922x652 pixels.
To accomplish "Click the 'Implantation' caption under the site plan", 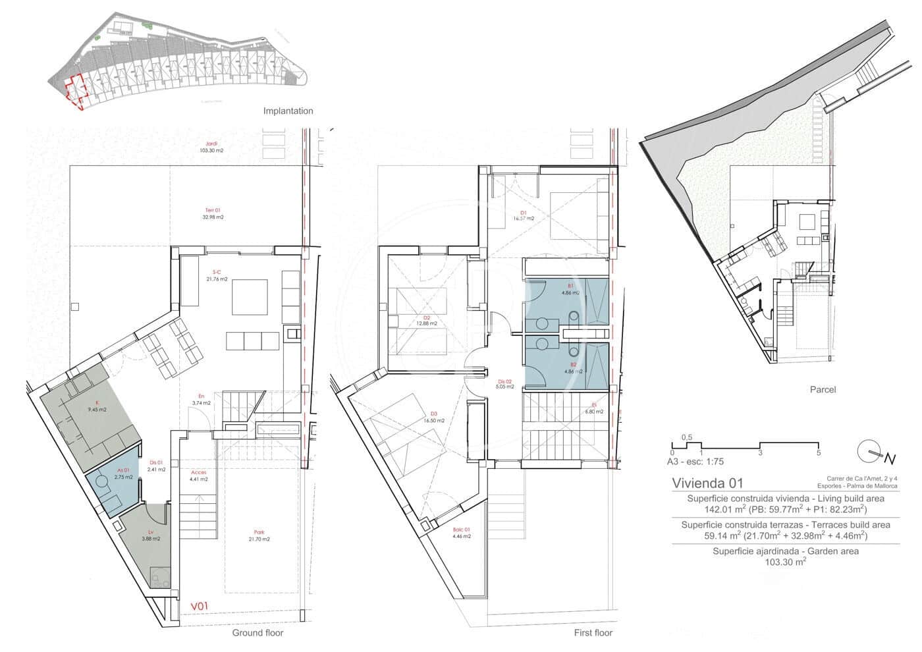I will click(288, 111).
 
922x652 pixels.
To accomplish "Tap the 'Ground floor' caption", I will click(258, 633).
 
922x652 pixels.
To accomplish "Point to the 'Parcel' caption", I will click(823, 389).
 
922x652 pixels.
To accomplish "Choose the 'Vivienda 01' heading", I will click(707, 483).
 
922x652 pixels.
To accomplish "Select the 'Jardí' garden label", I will click(211, 144).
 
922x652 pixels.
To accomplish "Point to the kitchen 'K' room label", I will click(97, 402).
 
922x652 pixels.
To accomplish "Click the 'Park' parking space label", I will click(259, 533).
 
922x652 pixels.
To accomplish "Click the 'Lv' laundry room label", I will click(151, 532).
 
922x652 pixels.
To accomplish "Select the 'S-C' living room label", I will click(216, 272).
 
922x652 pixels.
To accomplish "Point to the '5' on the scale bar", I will click(818, 452).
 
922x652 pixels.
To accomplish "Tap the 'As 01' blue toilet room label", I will click(121, 470).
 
